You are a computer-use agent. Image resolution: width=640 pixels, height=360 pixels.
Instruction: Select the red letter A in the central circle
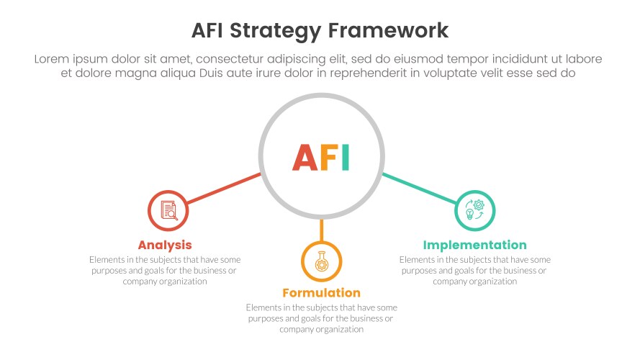[303, 158]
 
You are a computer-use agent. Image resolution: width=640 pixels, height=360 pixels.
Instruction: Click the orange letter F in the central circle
[328, 158]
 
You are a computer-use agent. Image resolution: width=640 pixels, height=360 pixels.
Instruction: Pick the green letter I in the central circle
[346, 158]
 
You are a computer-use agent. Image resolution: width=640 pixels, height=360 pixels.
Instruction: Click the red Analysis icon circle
[168, 210]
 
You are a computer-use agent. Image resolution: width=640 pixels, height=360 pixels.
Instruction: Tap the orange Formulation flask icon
[321, 261]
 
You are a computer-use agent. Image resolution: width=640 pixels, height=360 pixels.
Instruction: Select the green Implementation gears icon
[475, 210]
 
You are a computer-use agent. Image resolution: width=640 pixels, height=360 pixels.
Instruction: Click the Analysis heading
[165, 245]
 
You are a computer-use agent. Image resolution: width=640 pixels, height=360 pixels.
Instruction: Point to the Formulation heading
[321, 293]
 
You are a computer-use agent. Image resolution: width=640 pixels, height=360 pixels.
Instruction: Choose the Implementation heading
[474, 245]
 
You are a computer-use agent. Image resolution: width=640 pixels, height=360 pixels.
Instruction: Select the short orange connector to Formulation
[321, 230]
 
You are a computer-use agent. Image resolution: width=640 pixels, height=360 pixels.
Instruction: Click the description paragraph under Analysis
[165, 270]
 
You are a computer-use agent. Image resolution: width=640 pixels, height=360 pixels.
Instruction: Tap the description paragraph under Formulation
[321, 318]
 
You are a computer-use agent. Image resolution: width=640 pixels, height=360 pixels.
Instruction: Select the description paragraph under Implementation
[474, 270]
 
